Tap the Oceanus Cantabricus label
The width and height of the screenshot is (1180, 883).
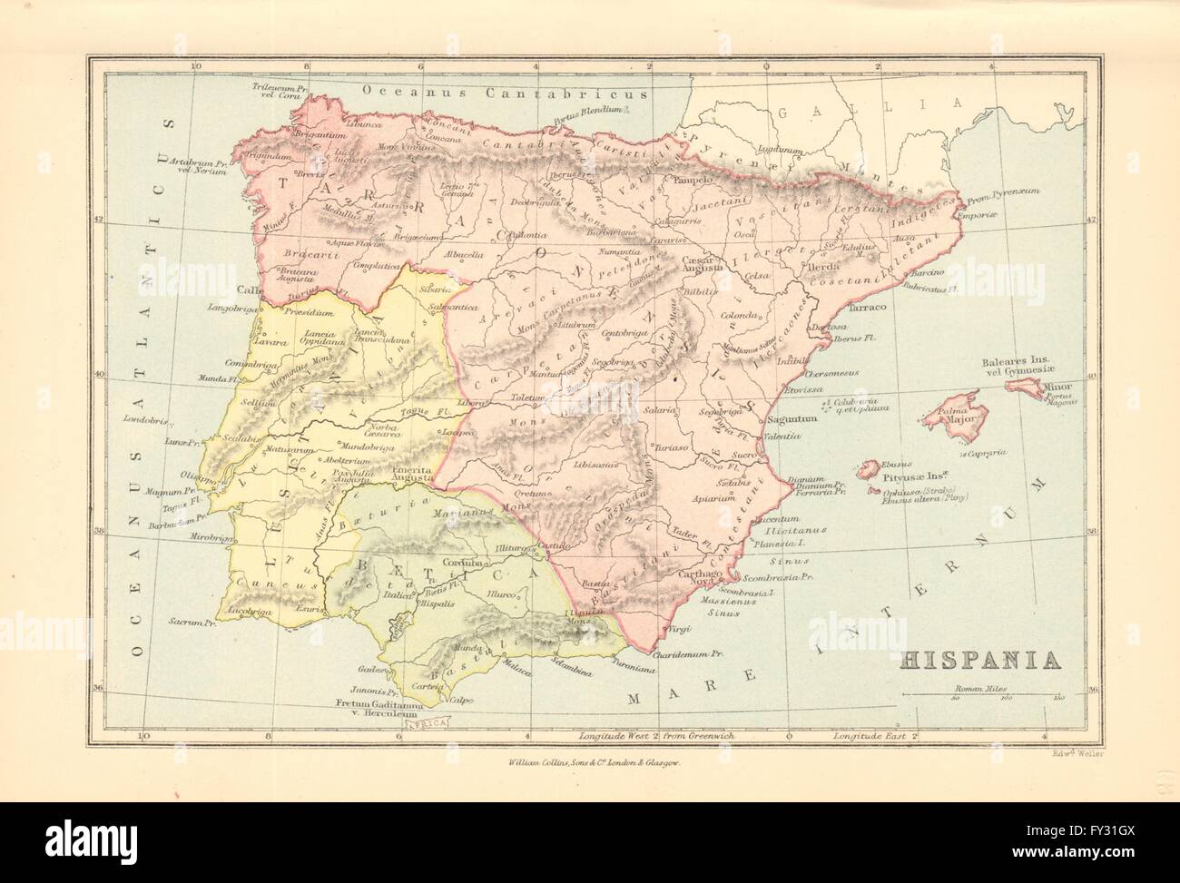504,93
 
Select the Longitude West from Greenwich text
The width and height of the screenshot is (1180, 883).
644,734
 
